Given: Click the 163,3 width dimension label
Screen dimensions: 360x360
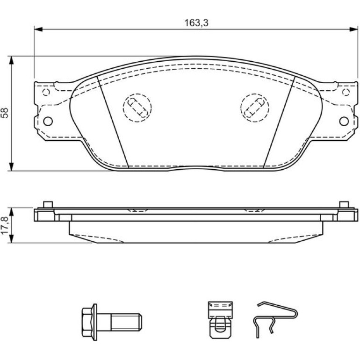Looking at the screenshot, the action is click(x=196, y=23).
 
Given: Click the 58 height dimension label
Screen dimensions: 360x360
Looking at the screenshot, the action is click(x=5, y=113).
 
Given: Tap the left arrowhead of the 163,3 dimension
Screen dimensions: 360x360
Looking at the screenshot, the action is click(x=38, y=29).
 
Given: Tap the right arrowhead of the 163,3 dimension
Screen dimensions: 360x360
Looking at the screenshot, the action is click(x=353, y=29).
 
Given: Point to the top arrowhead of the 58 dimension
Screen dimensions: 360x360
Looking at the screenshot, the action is click(x=11, y=60).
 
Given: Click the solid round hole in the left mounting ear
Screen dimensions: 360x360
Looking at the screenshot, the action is click(x=48, y=121).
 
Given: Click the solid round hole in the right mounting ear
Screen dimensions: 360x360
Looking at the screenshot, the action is click(x=344, y=121).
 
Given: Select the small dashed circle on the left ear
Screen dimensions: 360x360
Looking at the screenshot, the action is click(x=46, y=92).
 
